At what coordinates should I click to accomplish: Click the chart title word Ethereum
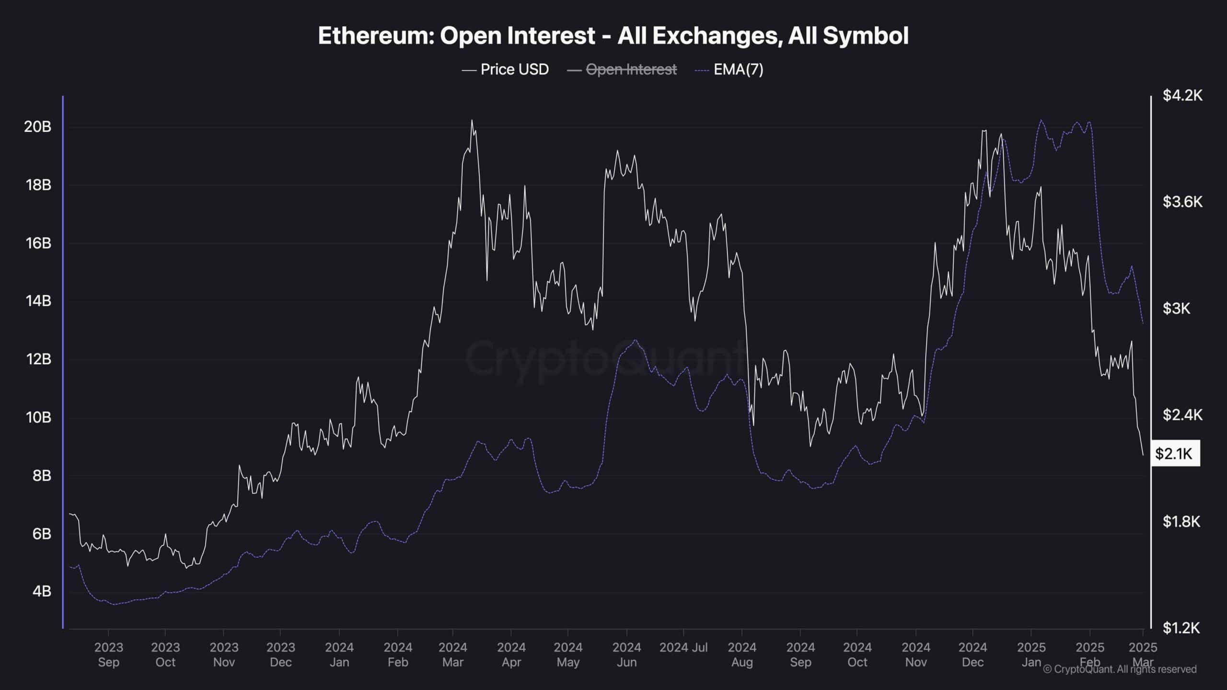pos(374,36)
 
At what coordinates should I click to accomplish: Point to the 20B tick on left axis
pos(38,126)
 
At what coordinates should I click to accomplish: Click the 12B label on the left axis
pos(38,359)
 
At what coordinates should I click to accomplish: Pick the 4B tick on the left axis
pos(41,591)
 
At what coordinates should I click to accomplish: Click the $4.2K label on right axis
pos(1182,95)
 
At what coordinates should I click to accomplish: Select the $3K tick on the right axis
pos(1176,308)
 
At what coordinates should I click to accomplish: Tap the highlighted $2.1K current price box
pos(1174,453)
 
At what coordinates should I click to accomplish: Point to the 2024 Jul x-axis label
pos(683,648)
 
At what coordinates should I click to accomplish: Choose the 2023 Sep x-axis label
pos(109,655)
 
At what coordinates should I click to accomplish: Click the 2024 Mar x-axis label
pos(452,655)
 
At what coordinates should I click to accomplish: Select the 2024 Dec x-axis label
pos(972,655)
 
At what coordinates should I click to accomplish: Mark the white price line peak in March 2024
pos(472,120)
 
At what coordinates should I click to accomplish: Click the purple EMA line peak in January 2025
pos(1041,120)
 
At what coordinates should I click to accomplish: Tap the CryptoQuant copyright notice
pos(1120,669)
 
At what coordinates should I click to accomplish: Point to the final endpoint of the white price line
pos(1143,455)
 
